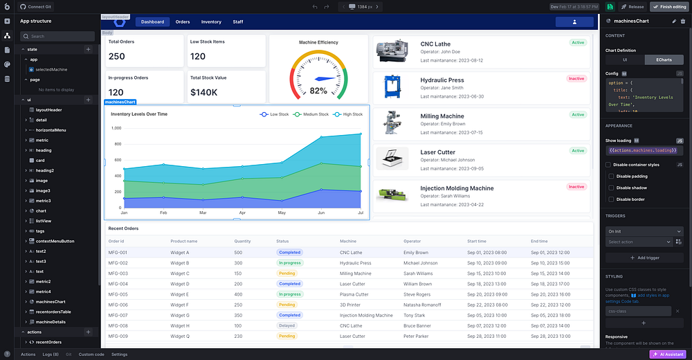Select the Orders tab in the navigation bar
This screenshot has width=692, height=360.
(183, 22)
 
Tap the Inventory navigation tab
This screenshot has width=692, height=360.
(211, 22)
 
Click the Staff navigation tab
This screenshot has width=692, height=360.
(237, 22)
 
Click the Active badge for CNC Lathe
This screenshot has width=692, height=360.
(577, 43)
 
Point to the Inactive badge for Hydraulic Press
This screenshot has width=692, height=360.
(576, 79)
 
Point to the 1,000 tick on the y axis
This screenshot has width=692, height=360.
(116, 128)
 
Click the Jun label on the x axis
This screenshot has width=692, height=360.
(321, 213)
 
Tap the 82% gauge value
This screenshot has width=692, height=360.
(318, 91)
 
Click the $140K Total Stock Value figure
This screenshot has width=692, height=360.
(204, 92)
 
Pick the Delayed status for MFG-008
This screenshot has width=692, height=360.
(287, 325)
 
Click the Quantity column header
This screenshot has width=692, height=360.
(242, 241)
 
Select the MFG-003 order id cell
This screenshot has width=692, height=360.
(118, 273)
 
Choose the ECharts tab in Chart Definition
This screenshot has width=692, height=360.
(664, 60)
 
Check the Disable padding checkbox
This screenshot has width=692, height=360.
(611, 177)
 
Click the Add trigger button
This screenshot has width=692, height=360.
(645, 258)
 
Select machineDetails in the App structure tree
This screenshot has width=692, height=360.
(51, 322)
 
